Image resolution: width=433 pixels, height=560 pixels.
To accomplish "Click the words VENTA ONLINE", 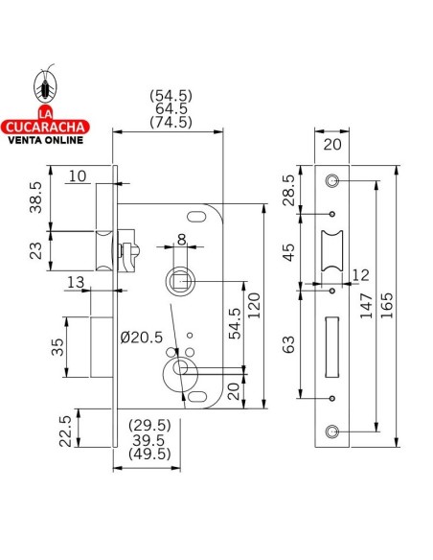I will coord(44,140).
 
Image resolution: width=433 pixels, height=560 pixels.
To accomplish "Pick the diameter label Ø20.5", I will coord(141,337).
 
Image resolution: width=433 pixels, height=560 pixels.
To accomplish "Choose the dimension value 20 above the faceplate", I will coord(333,145).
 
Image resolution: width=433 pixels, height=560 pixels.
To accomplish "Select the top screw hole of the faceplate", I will coord(332,180).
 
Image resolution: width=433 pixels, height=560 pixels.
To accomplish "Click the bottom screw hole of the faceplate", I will coord(332,432).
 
